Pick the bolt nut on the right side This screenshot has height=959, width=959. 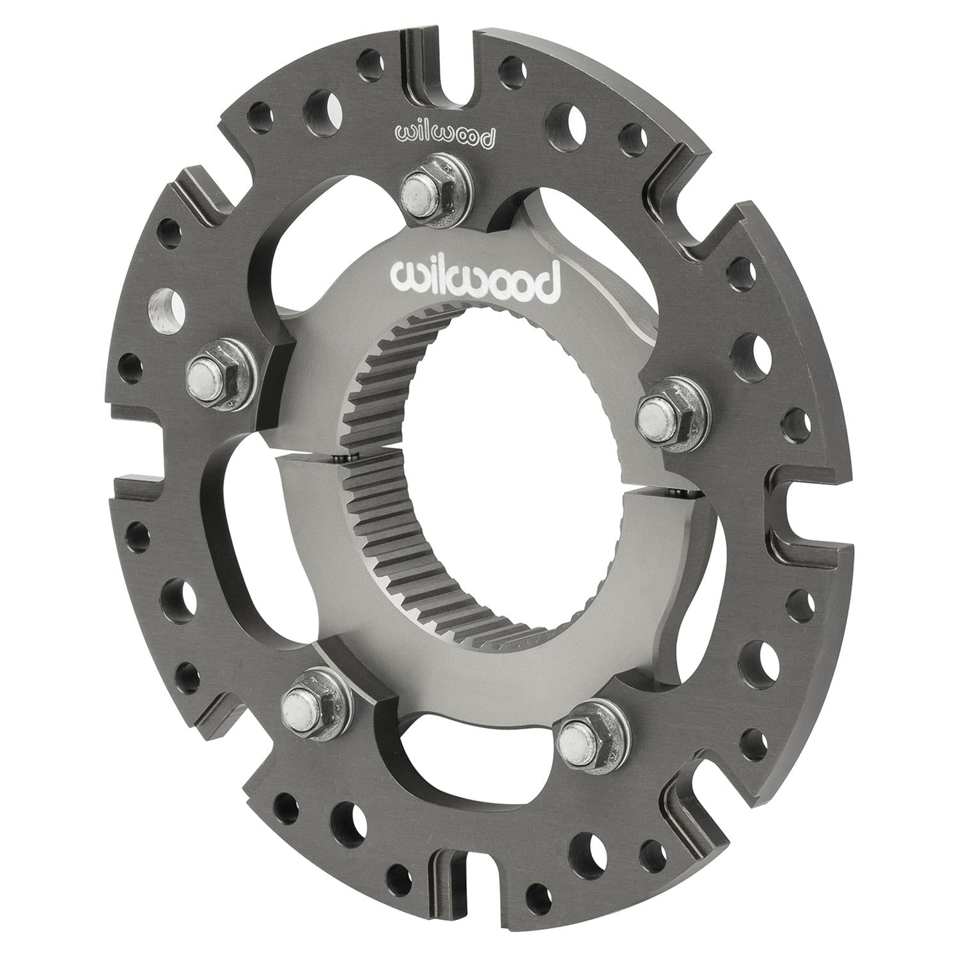click(668, 414)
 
